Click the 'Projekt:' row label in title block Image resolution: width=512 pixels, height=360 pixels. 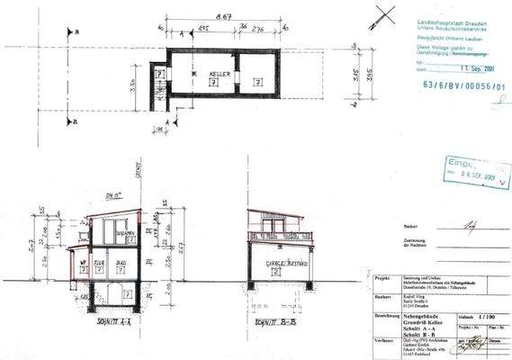coord(382,279)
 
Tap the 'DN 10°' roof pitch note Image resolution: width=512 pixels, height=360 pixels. coord(112,194)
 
